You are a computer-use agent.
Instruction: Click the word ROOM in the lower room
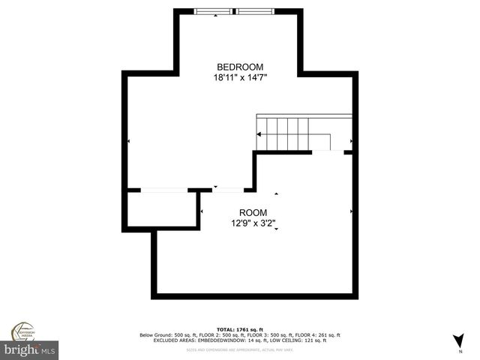253,212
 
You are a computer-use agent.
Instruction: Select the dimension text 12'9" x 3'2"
253,223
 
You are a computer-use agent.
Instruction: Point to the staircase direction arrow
260,134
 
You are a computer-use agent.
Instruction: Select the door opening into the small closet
163,190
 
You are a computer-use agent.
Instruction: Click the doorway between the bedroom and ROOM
228,190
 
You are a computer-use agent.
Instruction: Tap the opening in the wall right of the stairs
328,151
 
